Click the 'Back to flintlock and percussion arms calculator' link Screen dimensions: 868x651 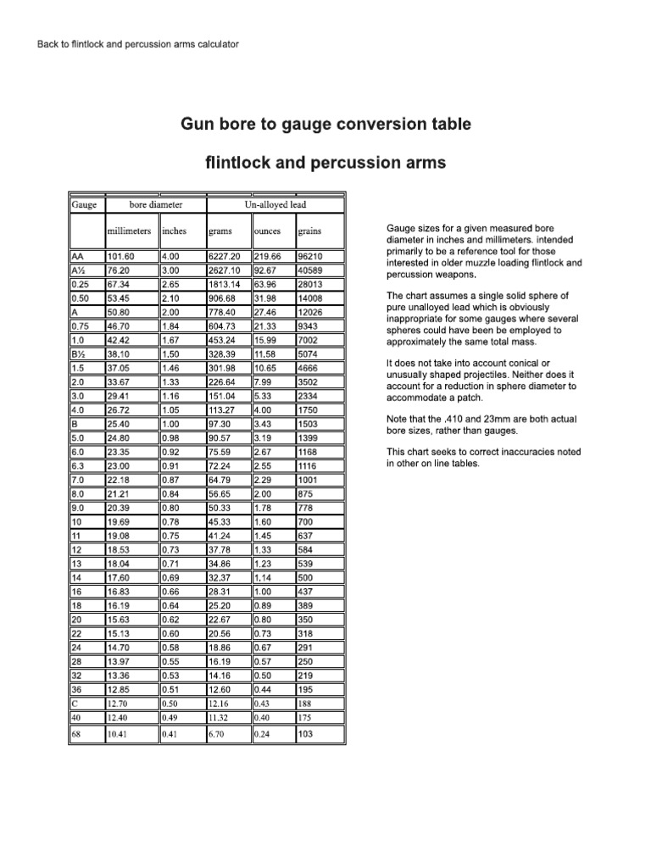[138, 43]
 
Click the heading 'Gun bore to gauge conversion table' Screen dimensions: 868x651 [325, 125]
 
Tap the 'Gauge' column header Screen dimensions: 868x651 [85, 205]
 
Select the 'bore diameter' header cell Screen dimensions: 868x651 [155, 205]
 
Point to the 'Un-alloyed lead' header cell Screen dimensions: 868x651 [275, 205]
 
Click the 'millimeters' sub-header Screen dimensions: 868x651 [130, 231]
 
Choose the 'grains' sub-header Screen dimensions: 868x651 [309, 231]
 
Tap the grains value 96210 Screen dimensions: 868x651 [309, 256]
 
